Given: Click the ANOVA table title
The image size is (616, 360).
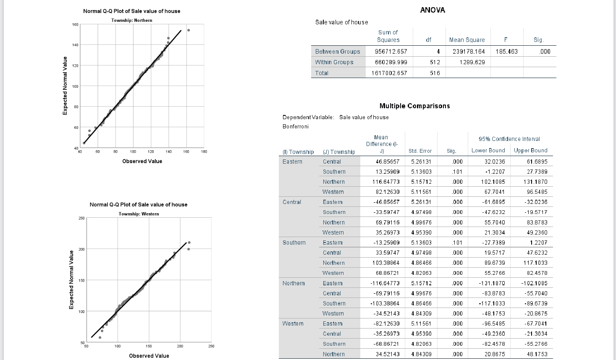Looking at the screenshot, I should tap(433, 10).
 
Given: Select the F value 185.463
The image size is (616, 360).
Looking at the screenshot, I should tap(506, 52).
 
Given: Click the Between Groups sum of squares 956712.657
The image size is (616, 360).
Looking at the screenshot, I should tap(391, 52).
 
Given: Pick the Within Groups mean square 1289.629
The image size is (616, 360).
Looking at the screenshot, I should tap(472, 62).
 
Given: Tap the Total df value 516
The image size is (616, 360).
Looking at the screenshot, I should tap(435, 73).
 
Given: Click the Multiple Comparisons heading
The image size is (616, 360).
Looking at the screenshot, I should tap(414, 106).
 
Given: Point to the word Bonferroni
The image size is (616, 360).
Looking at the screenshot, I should tap(296, 127).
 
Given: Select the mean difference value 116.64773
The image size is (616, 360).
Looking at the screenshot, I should tap(385, 182).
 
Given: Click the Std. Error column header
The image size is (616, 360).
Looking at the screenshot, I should tap(420, 151).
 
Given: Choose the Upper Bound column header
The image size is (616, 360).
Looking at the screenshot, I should tap(530, 151).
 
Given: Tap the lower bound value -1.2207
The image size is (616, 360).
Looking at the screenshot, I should tap(495, 172).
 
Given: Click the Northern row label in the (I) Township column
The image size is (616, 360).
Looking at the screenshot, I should tap(294, 283).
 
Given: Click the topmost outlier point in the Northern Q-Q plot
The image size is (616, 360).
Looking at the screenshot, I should tap(189, 30).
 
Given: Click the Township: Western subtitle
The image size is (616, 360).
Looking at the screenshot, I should tap(139, 214).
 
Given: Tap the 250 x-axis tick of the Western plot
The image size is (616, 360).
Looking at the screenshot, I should tap(211, 346).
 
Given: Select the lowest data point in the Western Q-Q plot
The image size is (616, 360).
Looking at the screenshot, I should tap(100, 337).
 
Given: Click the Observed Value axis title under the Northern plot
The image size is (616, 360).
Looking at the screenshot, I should tap(142, 161).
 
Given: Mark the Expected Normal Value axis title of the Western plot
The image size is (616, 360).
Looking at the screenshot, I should tap(71, 279).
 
